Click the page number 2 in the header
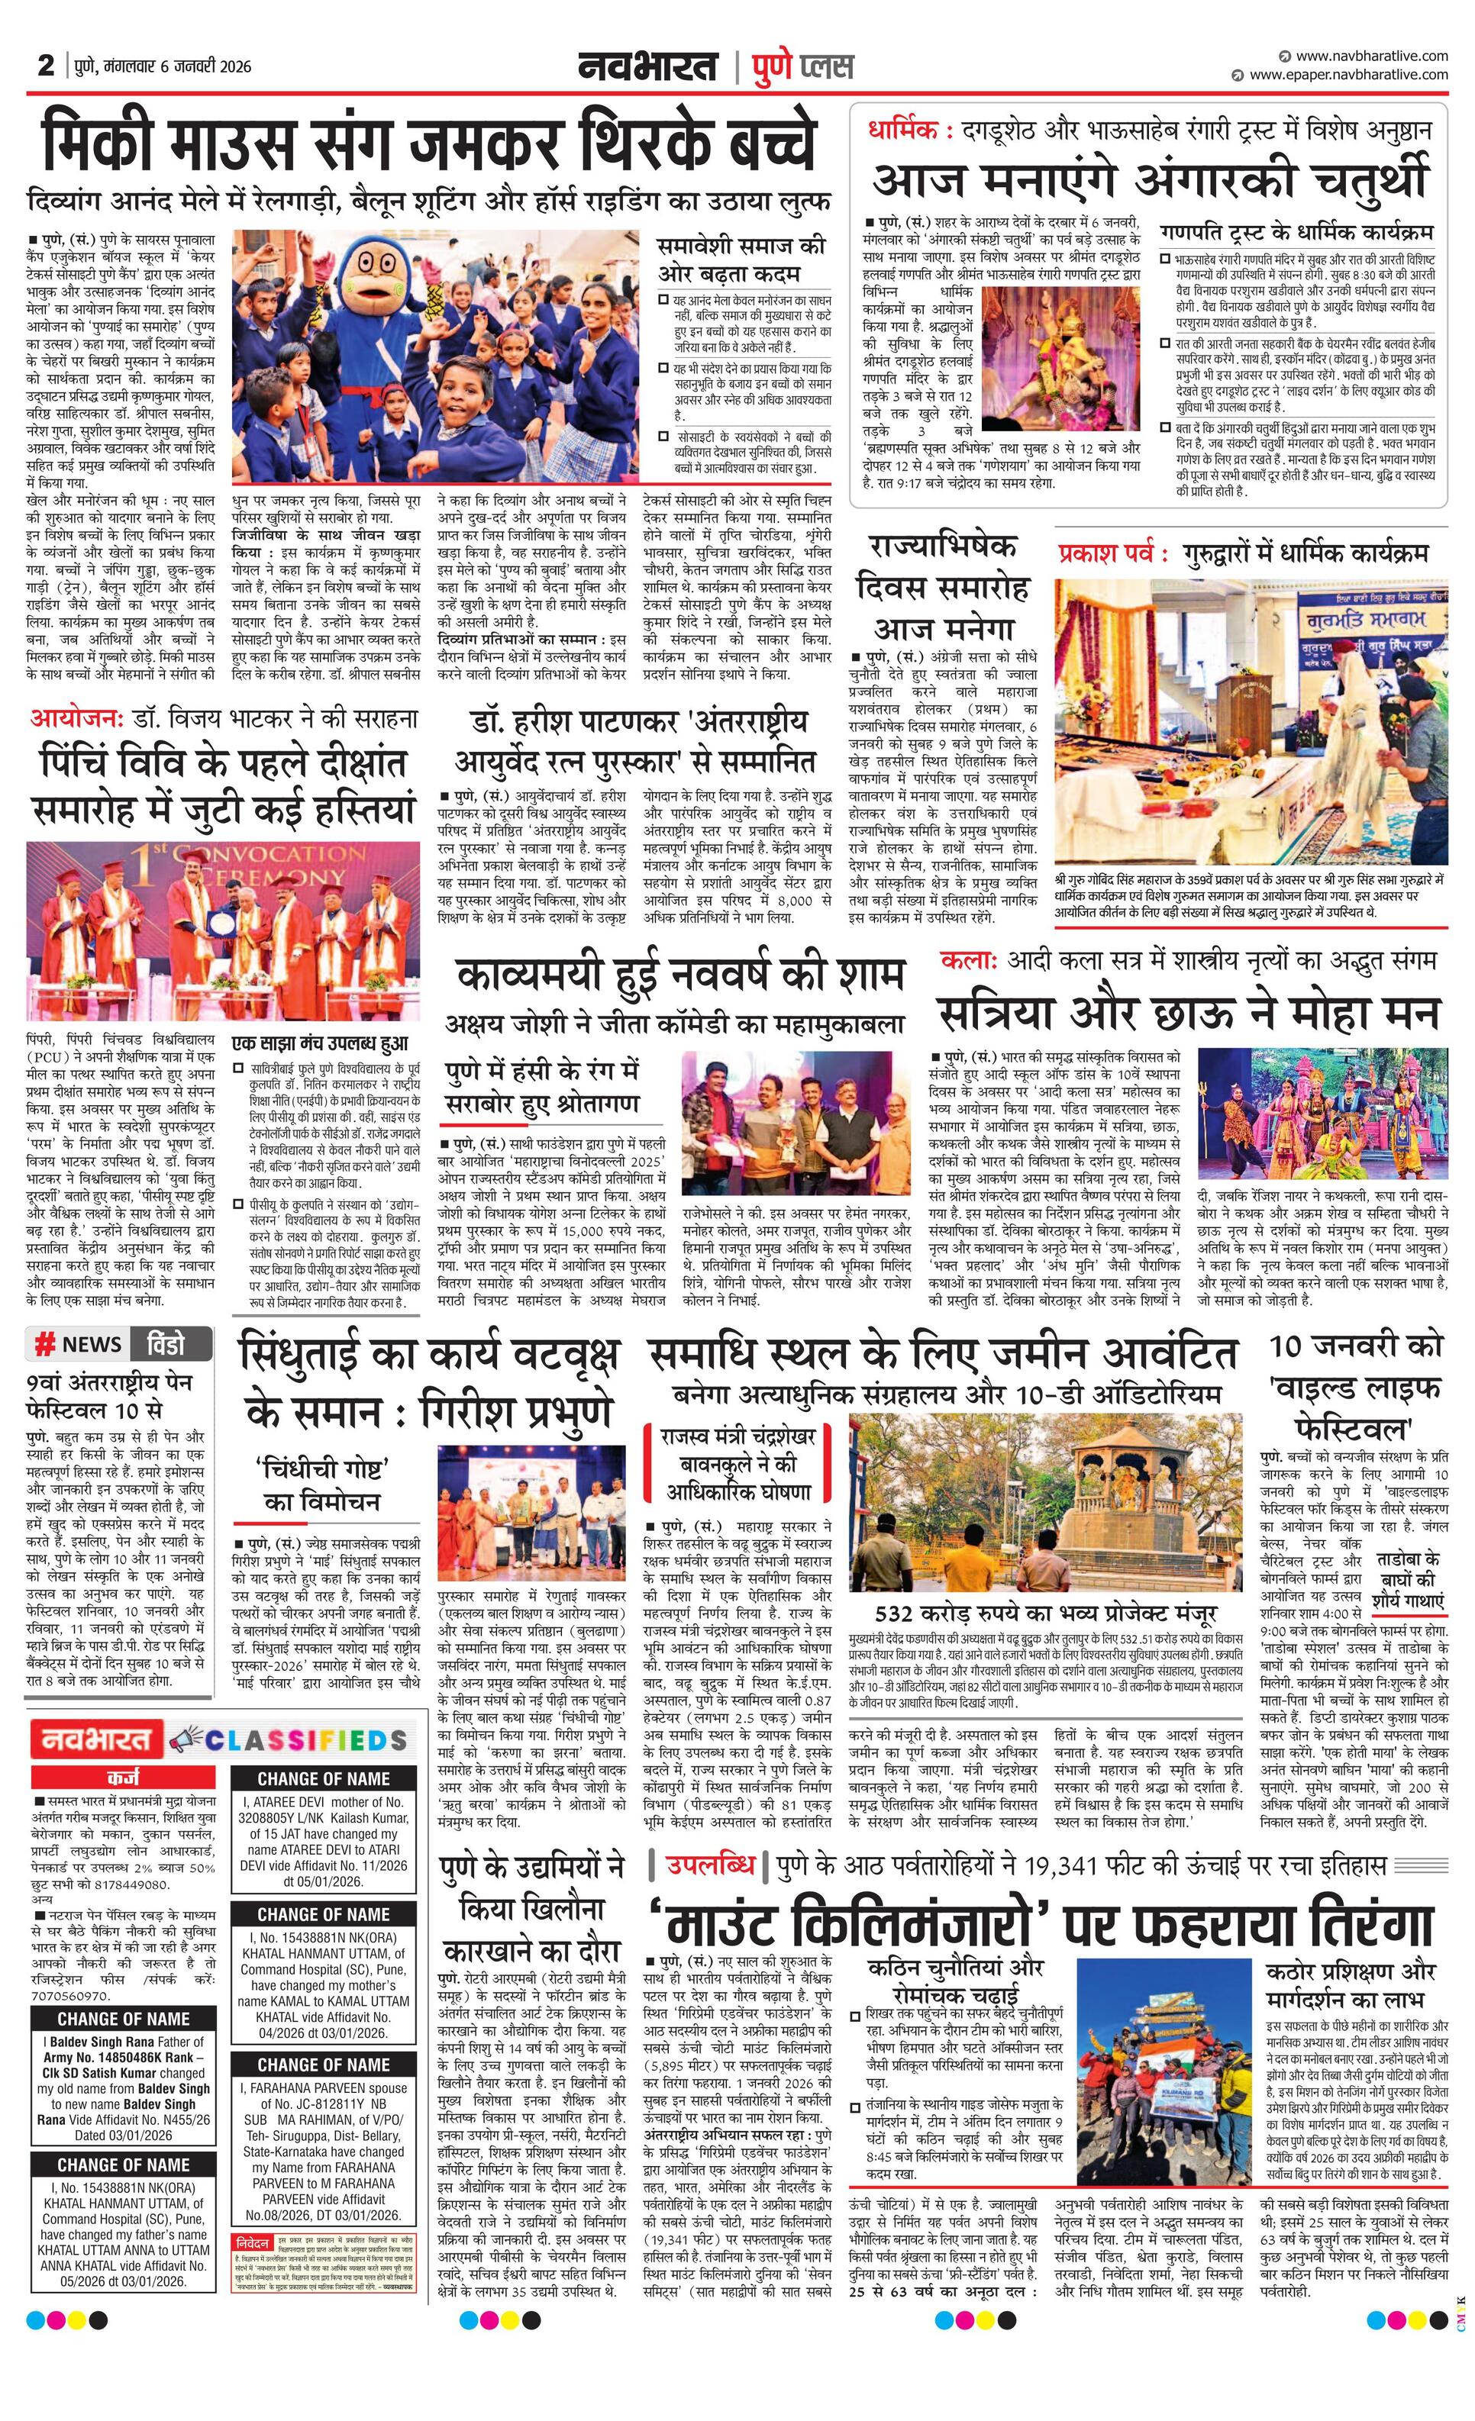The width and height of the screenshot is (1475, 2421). coord(45,66)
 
